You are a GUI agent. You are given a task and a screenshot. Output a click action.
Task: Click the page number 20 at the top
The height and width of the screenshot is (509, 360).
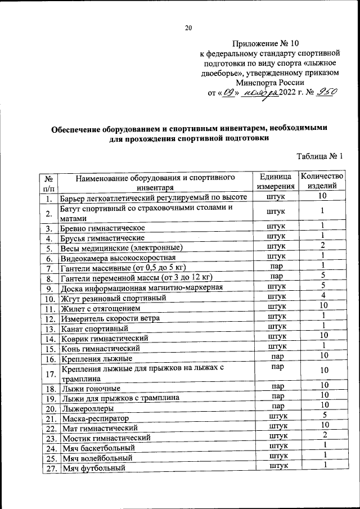coord(188,29)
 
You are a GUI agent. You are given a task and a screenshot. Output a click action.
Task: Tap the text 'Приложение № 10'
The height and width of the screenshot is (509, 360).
coord(263,43)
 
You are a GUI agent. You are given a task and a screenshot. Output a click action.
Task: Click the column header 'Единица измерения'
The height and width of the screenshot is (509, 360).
coord(276,182)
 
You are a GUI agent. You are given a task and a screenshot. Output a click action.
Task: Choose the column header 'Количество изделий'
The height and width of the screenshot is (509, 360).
coord(322,181)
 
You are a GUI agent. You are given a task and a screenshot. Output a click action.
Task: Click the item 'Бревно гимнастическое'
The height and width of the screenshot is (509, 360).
coord(103,228)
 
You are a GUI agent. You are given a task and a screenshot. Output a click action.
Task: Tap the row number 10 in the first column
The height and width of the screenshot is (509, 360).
coord(49,298)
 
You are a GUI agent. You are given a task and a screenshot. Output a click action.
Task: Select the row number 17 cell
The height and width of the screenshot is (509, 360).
coord(49,373)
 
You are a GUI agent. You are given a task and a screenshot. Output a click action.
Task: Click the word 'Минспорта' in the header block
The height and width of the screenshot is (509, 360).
coord(254,82)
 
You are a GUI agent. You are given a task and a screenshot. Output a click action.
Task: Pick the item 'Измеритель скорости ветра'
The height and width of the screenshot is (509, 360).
coord(111,318)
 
